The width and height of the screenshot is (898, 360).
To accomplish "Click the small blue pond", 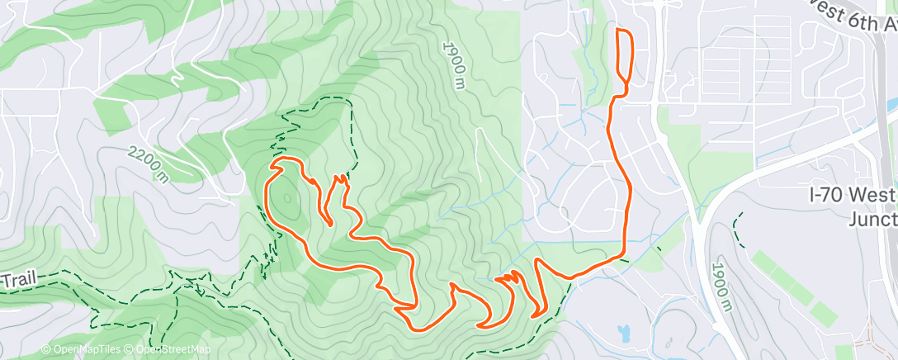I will pyautogui.click(x=623, y=333).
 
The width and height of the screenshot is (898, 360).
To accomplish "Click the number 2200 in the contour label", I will pyautogui.click(x=143, y=159).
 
